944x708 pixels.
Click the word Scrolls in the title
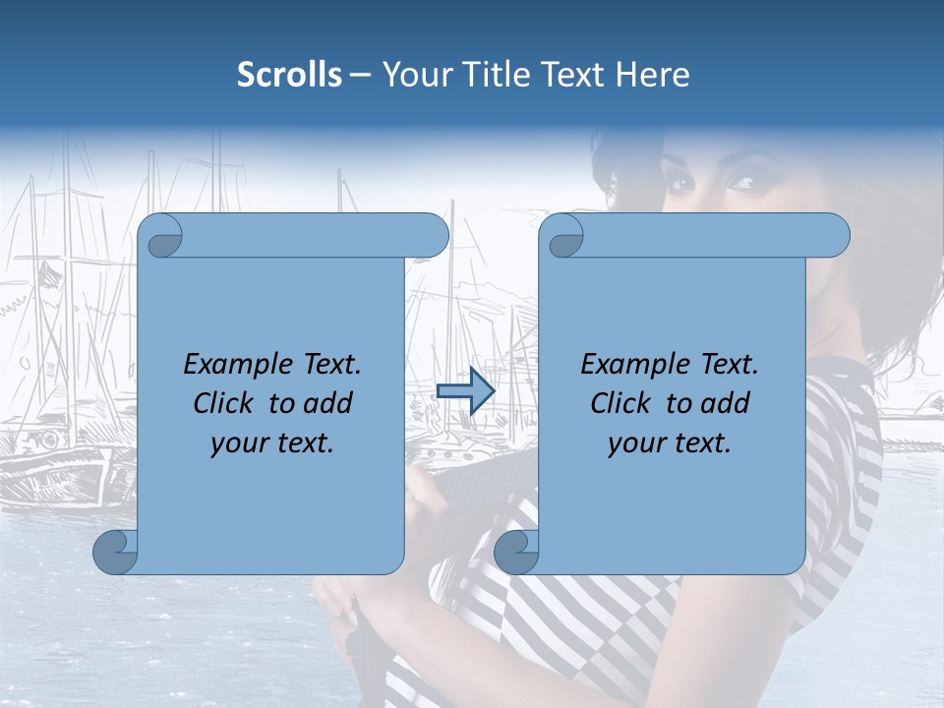point(290,75)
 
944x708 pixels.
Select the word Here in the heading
point(653,75)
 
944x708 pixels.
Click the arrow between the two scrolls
point(465,391)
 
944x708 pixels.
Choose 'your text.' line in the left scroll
point(272,443)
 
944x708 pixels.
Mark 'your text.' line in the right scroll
point(670,443)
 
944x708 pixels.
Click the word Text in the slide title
point(575,75)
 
